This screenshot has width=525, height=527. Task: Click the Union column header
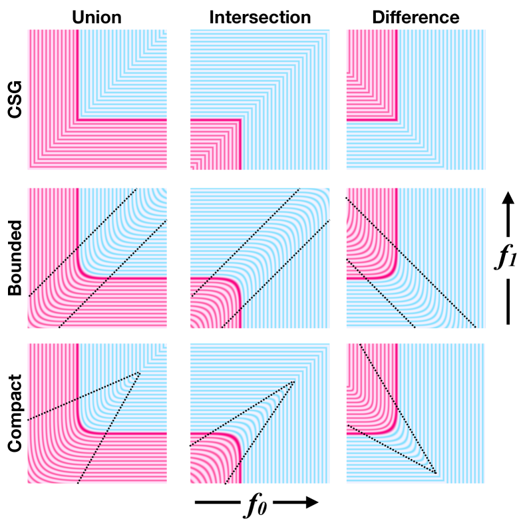(96, 17)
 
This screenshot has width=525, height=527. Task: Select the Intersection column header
(260, 17)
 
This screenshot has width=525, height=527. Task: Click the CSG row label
(15, 100)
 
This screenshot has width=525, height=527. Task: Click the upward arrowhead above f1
(508, 198)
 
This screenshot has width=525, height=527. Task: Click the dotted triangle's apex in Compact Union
(140, 372)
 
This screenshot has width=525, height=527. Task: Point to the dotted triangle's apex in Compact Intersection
(294, 381)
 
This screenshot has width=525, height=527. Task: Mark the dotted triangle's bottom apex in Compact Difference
(437, 473)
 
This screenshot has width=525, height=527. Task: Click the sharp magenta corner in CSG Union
(79, 120)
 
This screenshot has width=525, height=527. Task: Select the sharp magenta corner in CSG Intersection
(240, 120)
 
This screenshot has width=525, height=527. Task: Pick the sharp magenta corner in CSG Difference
(397, 120)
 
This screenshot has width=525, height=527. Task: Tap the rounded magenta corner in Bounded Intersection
(236, 282)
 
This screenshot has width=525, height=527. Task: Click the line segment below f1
(508, 302)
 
